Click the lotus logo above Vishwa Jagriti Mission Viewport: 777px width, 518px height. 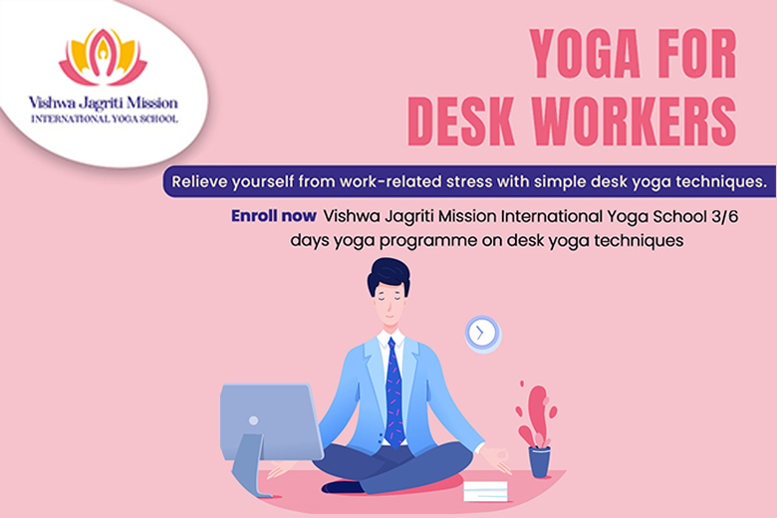point(103,57)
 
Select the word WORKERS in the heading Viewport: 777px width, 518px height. point(635,122)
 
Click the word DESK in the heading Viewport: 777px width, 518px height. point(461,122)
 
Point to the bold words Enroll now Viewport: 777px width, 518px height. point(274,216)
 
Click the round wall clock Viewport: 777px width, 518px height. point(483,334)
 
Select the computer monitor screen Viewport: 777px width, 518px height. point(271,421)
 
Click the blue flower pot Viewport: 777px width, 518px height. point(539,461)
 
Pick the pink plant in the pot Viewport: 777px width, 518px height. point(536,415)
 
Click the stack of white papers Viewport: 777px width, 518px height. point(486,491)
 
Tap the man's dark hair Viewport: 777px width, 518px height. point(388,276)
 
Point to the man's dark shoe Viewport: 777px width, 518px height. point(343,487)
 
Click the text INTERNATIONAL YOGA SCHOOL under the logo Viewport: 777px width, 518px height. point(104,119)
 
